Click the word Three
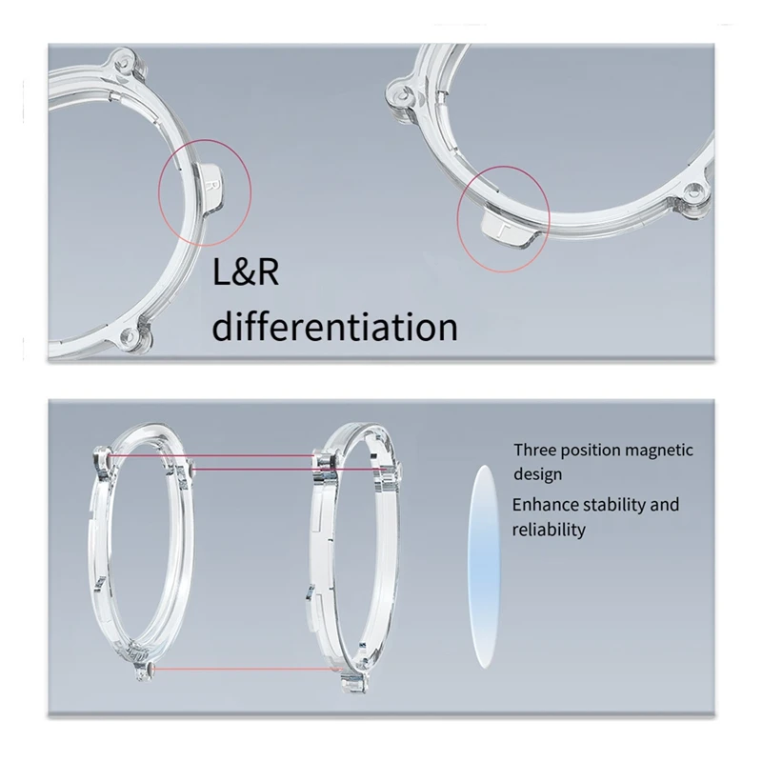click(536, 450)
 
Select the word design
click(537, 473)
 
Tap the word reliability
click(549, 529)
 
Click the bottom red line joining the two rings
click(242, 669)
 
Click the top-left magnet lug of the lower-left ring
click(103, 459)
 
